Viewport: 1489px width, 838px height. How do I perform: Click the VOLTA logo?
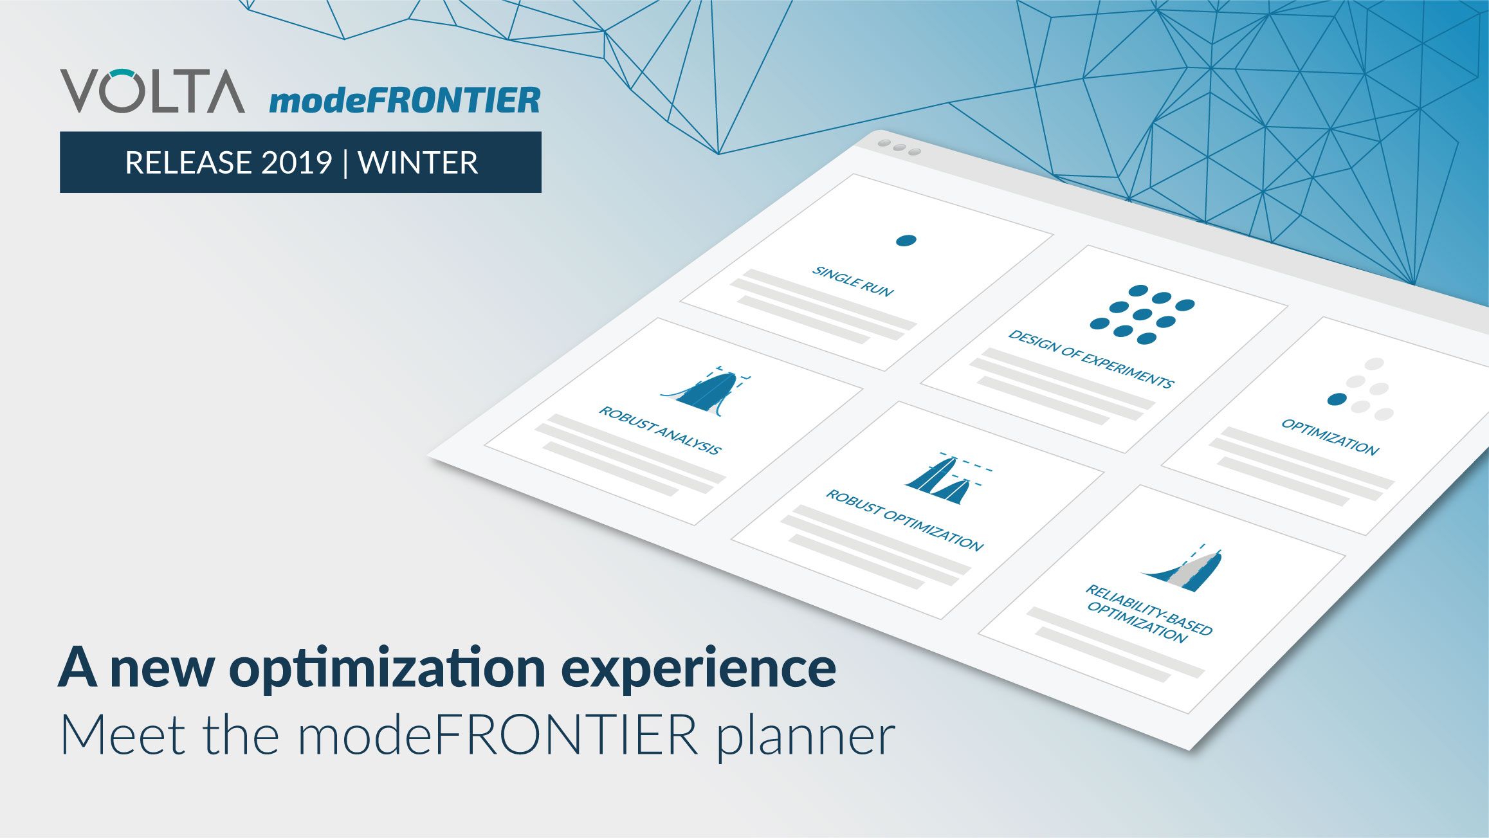tap(153, 91)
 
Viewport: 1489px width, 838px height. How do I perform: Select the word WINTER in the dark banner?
tap(418, 162)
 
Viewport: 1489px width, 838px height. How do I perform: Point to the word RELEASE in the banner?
tap(188, 162)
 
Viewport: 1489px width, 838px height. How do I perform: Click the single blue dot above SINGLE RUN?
tap(906, 241)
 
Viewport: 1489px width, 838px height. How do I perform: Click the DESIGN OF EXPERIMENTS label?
tap(1091, 359)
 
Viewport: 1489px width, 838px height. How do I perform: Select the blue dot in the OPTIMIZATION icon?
tap(1337, 399)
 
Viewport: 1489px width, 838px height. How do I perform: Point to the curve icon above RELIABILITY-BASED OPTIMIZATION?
tap(1183, 570)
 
